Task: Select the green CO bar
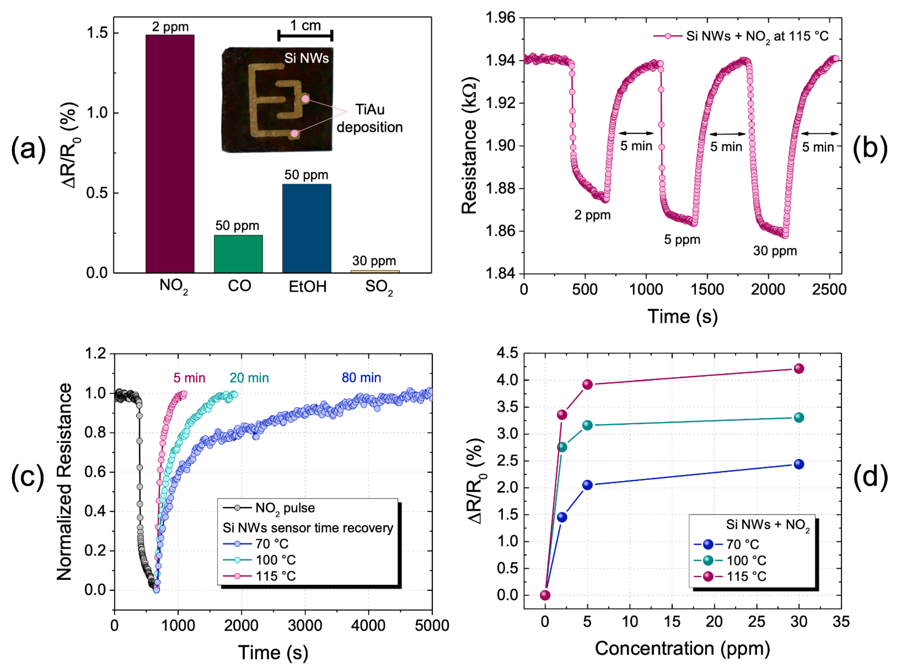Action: point(238,254)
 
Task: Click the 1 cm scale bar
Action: point(305,36)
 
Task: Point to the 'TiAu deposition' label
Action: point(369,118)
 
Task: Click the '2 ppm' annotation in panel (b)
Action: point(592,215)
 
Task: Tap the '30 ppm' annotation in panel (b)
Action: point(775,251)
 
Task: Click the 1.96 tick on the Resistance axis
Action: point(501,18)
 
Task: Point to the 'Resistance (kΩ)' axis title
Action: point(470,146)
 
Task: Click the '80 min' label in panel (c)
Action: point(361,378)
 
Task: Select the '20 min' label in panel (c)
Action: point(249,378)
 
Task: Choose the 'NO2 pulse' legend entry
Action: point(285,508)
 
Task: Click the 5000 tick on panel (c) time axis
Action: point(432,626)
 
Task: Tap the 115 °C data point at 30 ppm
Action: point(799,368)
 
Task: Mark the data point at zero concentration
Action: point(545,595)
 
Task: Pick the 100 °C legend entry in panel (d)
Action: point(746,561)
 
